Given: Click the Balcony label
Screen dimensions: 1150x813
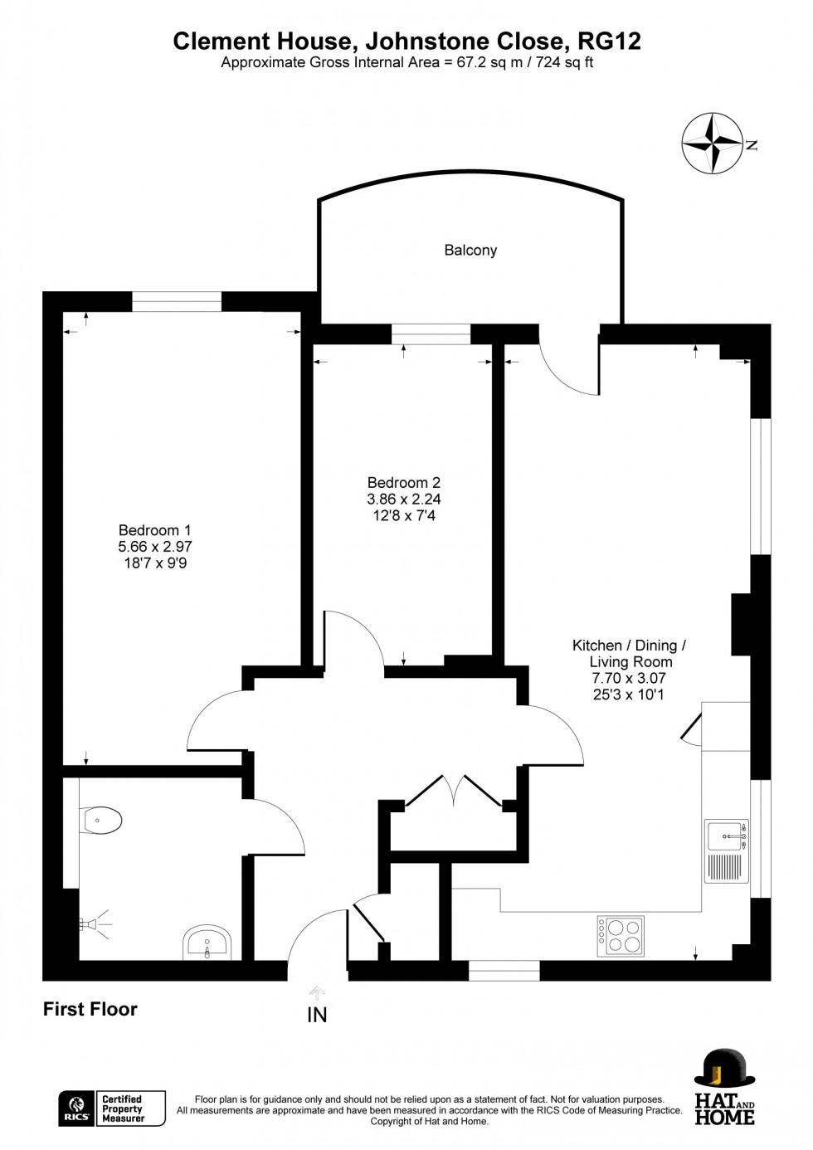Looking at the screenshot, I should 470,250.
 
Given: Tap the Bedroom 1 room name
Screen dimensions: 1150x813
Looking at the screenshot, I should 154,530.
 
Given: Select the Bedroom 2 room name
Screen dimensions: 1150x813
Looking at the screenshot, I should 403,482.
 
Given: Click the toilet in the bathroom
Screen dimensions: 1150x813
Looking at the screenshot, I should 102,821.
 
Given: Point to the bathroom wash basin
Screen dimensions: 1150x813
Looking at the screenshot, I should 205,943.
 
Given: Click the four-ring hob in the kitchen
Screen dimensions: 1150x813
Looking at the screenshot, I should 620,936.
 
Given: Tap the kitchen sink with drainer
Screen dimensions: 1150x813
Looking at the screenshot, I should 727,851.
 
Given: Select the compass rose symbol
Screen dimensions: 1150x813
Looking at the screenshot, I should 713,144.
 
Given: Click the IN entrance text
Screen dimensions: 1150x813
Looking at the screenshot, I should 317,1015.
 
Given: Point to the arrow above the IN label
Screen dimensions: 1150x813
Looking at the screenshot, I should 317,992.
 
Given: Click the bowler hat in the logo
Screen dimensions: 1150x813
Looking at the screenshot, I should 724,1069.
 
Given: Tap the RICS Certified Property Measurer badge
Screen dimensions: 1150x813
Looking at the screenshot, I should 112,1109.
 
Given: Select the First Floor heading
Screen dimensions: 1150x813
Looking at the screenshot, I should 90,1009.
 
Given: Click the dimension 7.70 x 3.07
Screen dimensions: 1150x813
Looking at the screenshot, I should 629,679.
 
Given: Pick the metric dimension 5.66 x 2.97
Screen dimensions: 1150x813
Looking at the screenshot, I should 154,547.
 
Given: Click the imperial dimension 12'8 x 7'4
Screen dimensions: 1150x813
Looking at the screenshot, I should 403,515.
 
